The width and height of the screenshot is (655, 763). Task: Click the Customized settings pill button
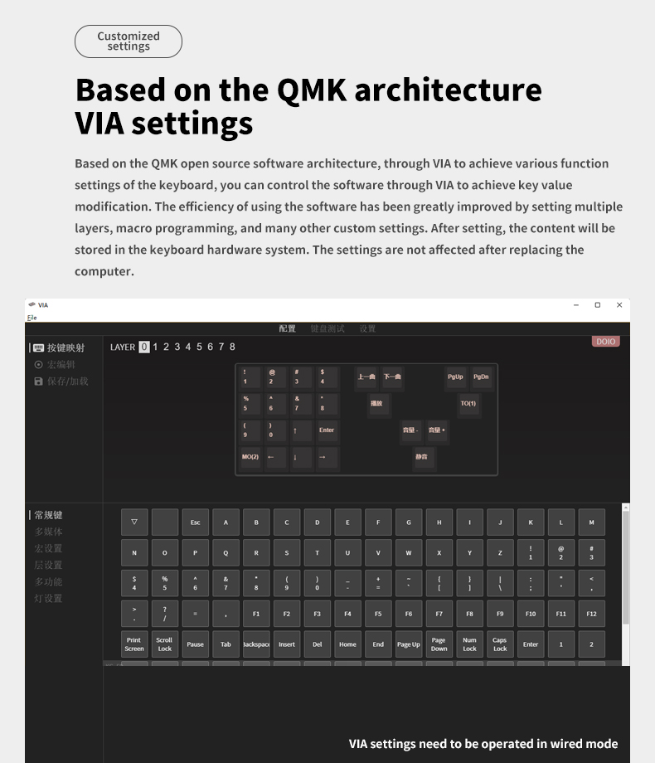(128, 41)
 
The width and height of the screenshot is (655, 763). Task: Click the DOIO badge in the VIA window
(606, 342)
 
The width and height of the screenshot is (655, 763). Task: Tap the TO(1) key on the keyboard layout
(468, 404)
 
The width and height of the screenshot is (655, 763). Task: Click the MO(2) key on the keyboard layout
(250, 457)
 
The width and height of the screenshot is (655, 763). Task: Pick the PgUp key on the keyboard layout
(455, 377)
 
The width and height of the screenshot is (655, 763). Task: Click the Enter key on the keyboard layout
(327, 430)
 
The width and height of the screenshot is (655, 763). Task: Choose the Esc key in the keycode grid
(196, 522)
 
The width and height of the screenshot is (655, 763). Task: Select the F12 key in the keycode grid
(591, 614)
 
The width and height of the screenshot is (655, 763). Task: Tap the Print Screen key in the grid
(134, 644)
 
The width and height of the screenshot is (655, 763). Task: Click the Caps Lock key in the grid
(500, 644)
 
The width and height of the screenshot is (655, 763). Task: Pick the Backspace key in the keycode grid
(256, 644)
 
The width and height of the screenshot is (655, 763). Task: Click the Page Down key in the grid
(439, 644)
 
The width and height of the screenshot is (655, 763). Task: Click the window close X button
(619, 305)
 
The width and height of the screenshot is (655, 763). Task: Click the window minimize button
(576, 305)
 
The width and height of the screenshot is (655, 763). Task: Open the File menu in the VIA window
(32, 318)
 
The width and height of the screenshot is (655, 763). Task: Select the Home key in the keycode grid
(347, 644)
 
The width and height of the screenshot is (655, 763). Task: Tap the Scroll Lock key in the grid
(164, 644)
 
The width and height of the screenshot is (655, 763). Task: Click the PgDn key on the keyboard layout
(481, 377)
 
